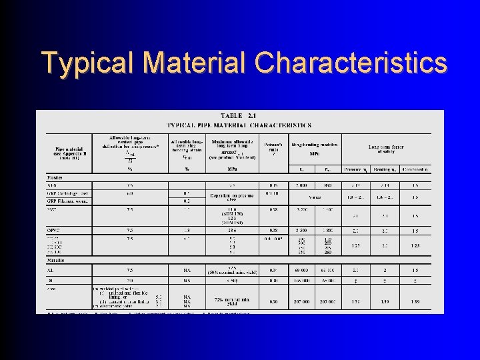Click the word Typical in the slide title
(87, 63)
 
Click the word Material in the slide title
(193, 63)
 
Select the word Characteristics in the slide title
(351, 63)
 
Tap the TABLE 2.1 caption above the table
(239, 116)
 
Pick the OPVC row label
(55, 231)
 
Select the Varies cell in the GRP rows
(315, 197)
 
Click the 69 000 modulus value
(301, 271)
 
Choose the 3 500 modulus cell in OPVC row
(301, 231)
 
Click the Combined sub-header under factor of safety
(415, 169)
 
